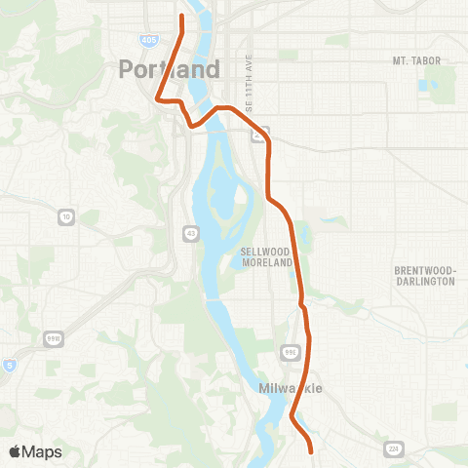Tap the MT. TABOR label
pyautogui.click(x=416, y=61)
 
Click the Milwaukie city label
pyautogui.click(x=291, y=389)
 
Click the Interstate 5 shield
pyautogui.click(x=8, y=365)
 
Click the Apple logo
pyautogui.click(x=15, y=451)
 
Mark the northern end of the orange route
pyautogui.click(x=182, y=17)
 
